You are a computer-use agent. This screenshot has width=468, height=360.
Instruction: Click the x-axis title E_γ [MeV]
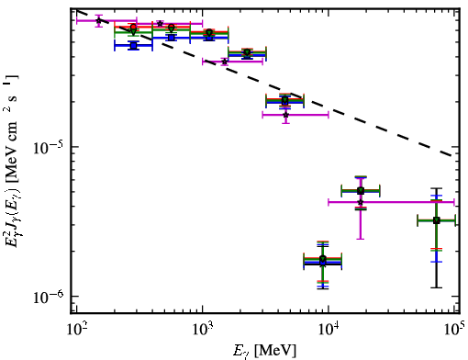(x=264, y=351)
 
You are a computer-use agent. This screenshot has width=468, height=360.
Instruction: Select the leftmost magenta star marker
(x=98, y=20)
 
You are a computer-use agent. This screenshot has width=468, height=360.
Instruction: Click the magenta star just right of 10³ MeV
(x=225, y=62)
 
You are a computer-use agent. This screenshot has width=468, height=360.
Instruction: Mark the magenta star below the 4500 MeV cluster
(x=285, y=115)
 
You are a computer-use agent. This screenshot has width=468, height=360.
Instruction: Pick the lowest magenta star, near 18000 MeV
(x=361, y=202)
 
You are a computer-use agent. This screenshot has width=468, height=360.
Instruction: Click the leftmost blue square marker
(x=133, y=46)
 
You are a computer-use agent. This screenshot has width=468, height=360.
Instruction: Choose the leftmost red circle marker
(x=133, y=27)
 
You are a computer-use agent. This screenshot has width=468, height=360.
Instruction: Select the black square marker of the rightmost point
(x=437, y=220)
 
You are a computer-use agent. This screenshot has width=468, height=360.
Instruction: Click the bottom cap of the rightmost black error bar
(x=437, y=287)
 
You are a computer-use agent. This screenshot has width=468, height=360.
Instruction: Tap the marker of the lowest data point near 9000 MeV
(x=323, y=260)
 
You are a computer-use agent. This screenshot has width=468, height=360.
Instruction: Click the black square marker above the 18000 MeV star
(x=361, y=191)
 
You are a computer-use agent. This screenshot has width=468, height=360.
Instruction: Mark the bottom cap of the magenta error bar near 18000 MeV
(x=361, y=239)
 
